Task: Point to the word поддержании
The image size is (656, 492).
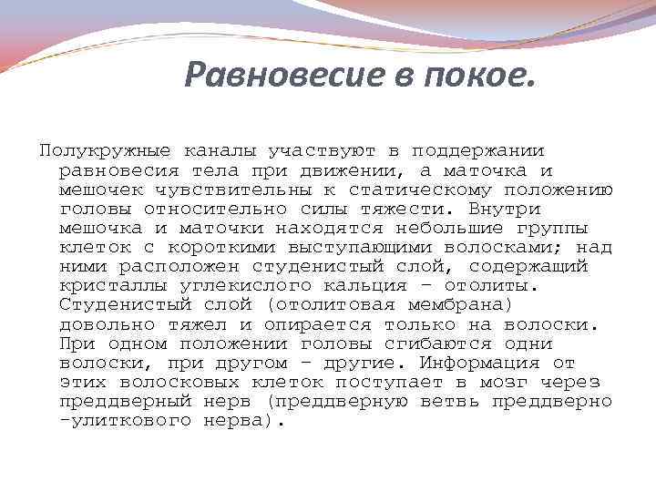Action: pyautogui.click(x=478, y=150)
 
